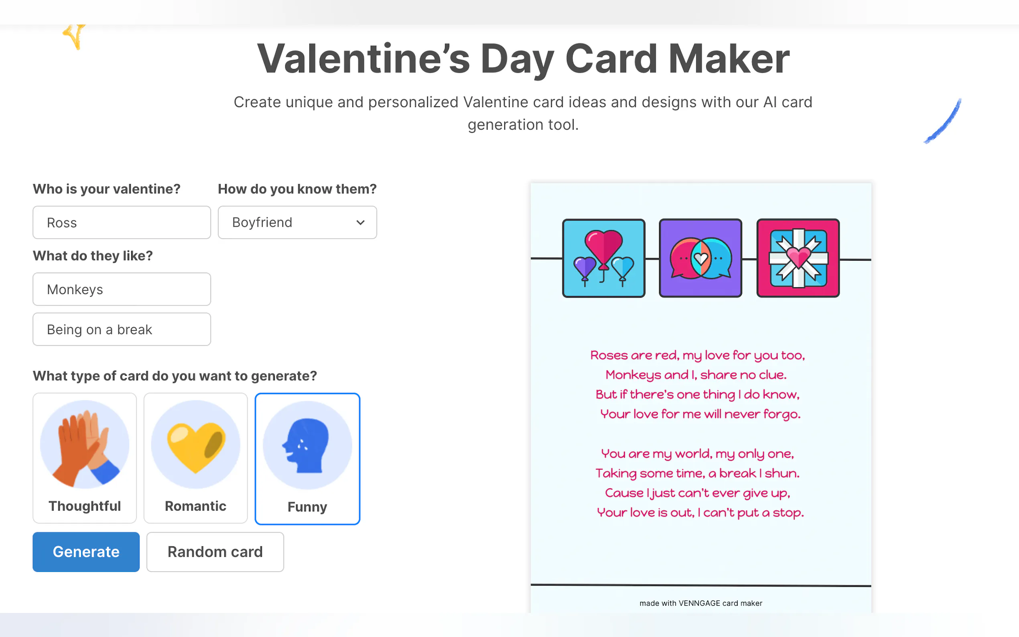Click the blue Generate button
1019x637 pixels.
coord(86,552)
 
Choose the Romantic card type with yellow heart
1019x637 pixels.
coord(195,458)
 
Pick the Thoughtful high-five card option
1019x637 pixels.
coord(85,458)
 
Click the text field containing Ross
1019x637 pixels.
coord(122,223)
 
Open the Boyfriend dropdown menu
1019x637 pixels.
coord(297,223)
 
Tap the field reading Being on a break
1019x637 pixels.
coord(122,329)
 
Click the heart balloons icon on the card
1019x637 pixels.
coord(604,258)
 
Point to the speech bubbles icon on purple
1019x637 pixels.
coord(700,258)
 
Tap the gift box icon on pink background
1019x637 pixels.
coord(798,258)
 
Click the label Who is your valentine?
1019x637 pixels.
coord(107,189)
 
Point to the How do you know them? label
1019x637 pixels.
coord(297,189)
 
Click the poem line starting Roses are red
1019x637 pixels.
coord(698,355)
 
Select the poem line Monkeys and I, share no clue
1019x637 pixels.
coord(696,375)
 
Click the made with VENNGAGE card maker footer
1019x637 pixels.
coord(701,603)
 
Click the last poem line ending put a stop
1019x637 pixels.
coord(700,513)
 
